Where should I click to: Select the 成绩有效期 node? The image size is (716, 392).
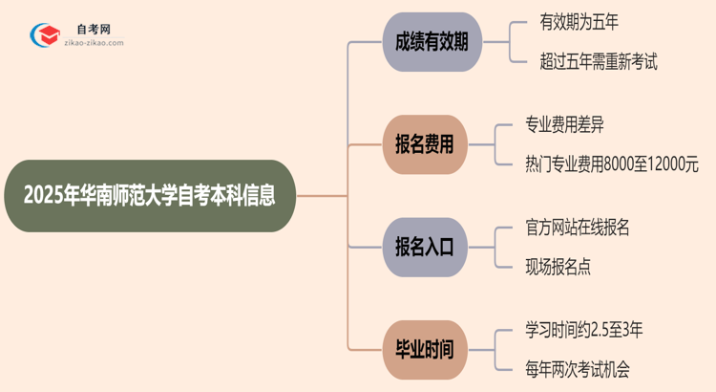tap(432, 42)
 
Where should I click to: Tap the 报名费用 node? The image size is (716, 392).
tap(432, 144)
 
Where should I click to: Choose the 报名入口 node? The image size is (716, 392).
tap(432, 247)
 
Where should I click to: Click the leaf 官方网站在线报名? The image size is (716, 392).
tap(577, 228)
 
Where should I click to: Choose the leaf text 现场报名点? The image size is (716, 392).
tap(558, 267)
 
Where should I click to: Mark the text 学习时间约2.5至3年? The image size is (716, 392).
tap(583, 330)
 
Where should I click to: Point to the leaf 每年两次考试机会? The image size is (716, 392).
tap(577, 369)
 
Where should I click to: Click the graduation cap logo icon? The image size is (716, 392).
tap(45, 36)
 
